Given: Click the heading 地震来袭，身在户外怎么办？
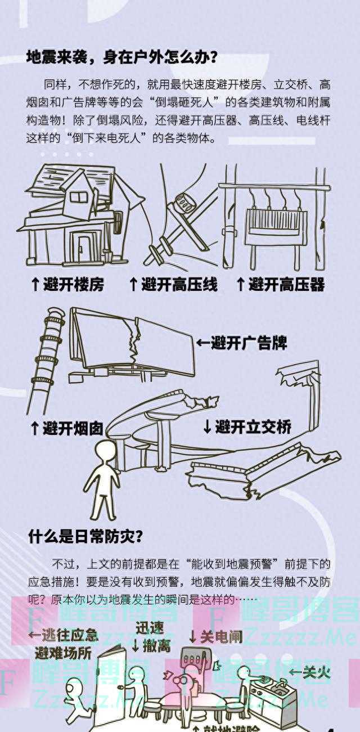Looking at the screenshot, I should [x=122, y=57].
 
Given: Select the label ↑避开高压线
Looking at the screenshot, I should [x=173, y=285].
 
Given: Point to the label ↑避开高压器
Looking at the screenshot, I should [x=280, y=285].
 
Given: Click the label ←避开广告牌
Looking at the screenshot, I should [x=241, y=343].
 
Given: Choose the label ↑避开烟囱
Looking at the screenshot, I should [x=66, y=429].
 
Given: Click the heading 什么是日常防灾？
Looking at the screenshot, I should [x=85, y=537].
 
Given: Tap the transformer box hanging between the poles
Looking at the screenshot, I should [x=276, y=227].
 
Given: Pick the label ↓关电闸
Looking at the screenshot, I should [x=215, y=636].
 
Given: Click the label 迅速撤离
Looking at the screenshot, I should [x=152, y=636].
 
